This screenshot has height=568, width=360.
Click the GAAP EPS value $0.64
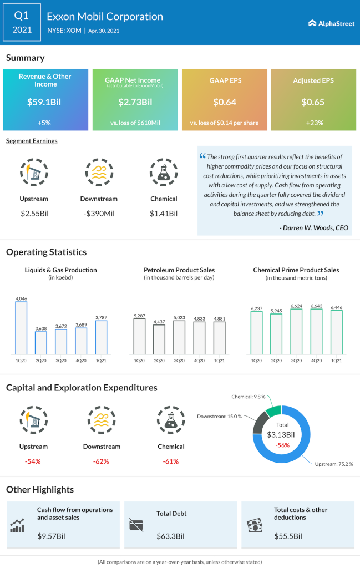tap(224, 102)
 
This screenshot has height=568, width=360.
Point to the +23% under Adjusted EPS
tap(313, 123)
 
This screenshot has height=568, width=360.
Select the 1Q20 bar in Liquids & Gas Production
tap(21, 328)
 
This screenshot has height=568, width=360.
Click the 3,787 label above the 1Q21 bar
tap(101, 317)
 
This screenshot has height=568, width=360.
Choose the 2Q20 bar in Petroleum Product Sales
tap(159, 339)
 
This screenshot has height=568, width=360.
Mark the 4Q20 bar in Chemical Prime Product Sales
tap(317, 332)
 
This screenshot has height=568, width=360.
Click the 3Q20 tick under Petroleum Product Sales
tap(179, 361)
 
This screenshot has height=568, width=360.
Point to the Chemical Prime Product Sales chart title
tap(296, 270)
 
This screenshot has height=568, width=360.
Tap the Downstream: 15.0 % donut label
tap(219, 417)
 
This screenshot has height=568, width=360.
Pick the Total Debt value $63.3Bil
tap(171, 536)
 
